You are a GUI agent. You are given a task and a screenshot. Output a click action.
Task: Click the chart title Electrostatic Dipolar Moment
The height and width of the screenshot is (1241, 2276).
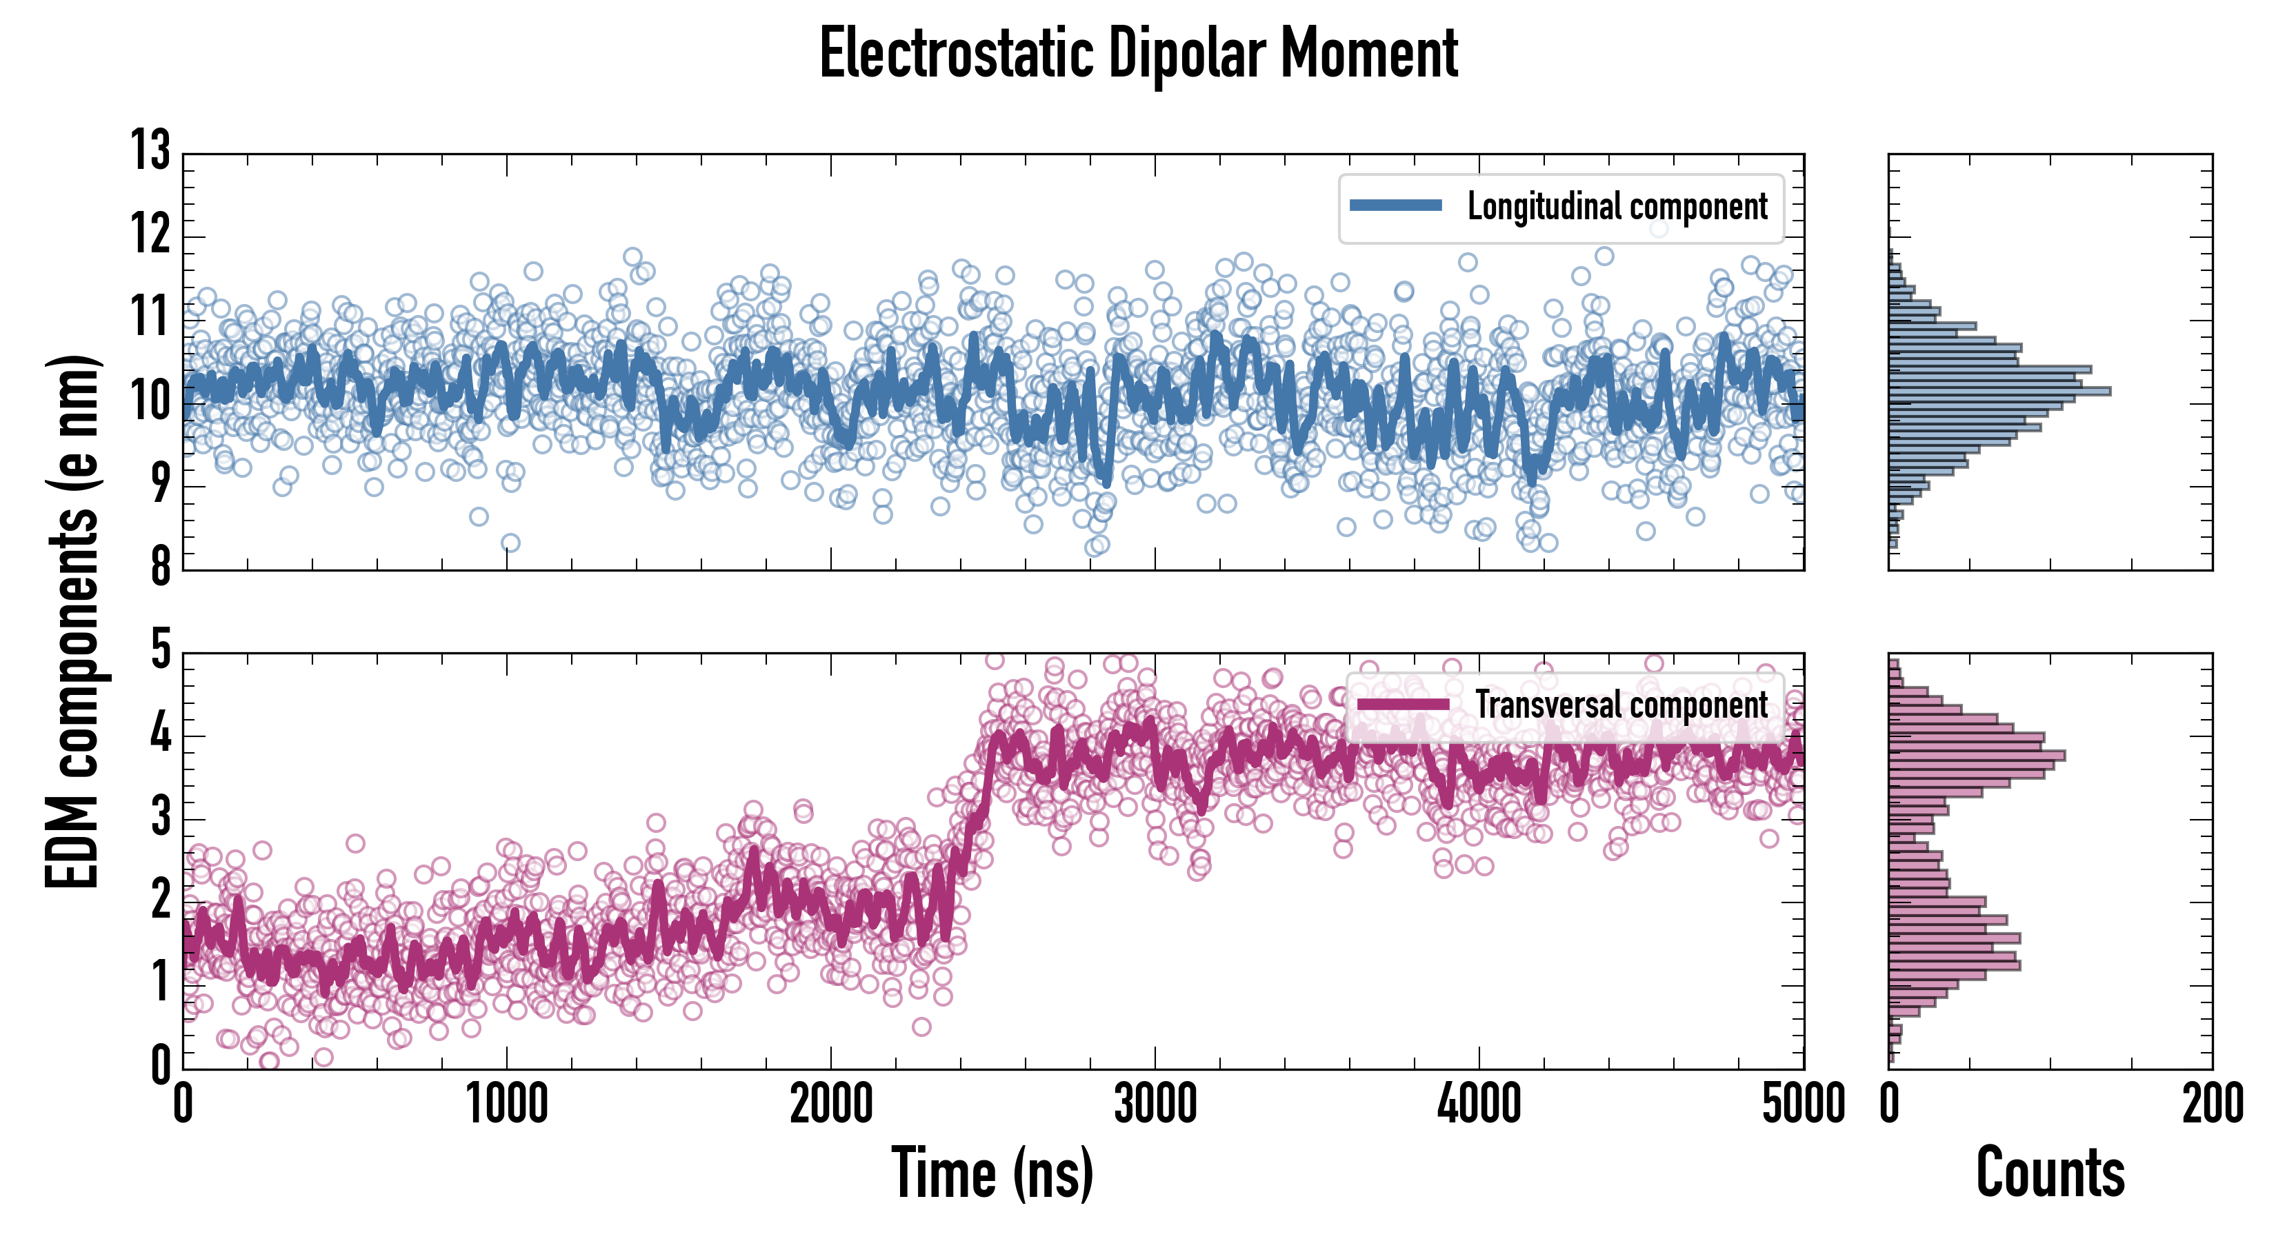[1138, 54]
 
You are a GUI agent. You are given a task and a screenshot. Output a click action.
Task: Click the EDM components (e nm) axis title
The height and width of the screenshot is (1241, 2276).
[72, 622]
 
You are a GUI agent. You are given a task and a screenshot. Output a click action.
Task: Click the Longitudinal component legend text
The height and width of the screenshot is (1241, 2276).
[1617, 207]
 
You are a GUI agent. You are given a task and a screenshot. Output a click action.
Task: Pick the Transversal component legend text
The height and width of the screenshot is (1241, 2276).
[1621, 705]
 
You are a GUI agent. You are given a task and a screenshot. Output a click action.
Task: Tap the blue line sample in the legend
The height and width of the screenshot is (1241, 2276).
[1396, 206]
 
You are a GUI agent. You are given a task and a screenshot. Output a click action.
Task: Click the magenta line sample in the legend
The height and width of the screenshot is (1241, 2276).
[1403, 705]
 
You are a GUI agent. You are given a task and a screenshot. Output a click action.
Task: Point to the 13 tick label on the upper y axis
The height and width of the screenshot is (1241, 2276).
[151, 150]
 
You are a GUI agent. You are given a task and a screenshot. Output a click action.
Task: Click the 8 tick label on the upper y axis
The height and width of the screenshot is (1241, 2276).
[160, 566]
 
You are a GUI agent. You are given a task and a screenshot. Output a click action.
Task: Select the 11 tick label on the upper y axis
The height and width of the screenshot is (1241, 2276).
[151, 316]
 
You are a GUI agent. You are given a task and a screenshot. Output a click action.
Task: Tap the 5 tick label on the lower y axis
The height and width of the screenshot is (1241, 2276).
[160, 650]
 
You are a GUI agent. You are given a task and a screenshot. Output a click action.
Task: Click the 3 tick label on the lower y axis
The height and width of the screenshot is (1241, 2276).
[160, 817]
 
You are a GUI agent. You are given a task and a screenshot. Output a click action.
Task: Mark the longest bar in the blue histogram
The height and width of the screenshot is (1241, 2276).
[1999, 390]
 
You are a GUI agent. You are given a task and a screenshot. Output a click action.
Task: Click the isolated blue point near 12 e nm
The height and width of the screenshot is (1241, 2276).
[1659, 229]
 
